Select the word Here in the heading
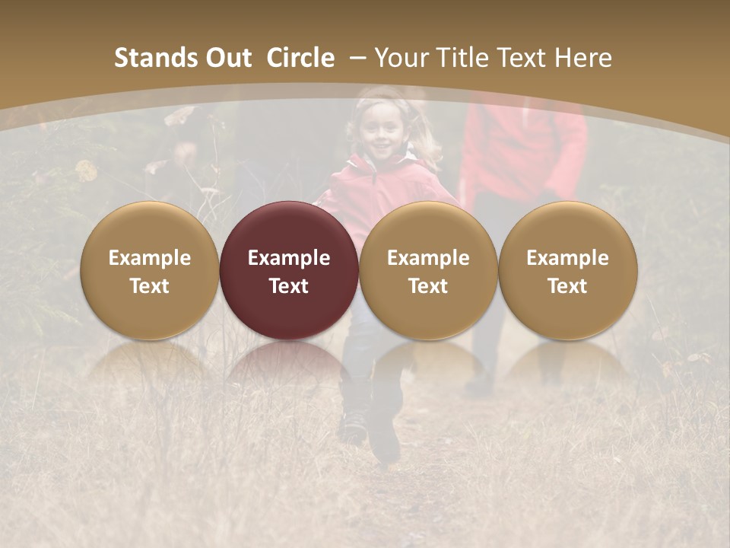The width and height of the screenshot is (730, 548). tap(583, 58)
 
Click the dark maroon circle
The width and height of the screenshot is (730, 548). tap(289, 270)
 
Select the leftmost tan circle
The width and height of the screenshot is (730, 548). tap(149, 270)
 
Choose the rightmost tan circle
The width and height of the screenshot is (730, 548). tap(567, 270)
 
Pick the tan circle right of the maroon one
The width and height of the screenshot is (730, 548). tap(428, 270)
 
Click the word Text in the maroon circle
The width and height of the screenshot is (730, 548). tap(289, 286)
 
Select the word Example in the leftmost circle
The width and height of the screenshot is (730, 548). tap(149, 258)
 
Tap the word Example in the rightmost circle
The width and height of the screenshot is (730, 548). tap(567, 258)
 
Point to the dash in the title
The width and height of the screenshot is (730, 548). tap(358, 58)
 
